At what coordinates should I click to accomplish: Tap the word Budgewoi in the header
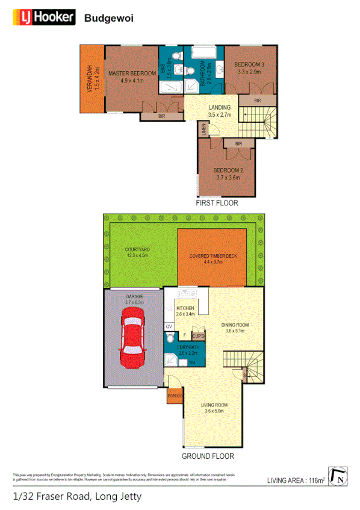109,19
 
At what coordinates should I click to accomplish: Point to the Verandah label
92,78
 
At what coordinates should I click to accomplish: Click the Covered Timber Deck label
213,256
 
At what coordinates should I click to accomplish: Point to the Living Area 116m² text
296,480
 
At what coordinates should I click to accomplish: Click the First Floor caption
217,204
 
